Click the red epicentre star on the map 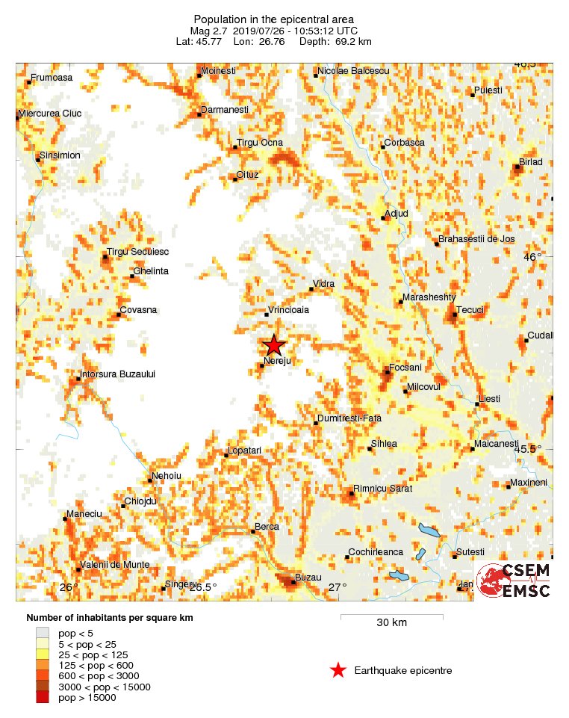point(274,345)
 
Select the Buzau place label point(308,578)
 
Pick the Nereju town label point(276,360)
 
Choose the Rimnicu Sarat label point(382,488)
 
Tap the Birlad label point(531,162)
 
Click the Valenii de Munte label point(114,565)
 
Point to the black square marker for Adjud point(384,218)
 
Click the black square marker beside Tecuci point(455,315)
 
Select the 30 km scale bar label point(391,622)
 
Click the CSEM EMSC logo point(514,581)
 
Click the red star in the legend point(338,670)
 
